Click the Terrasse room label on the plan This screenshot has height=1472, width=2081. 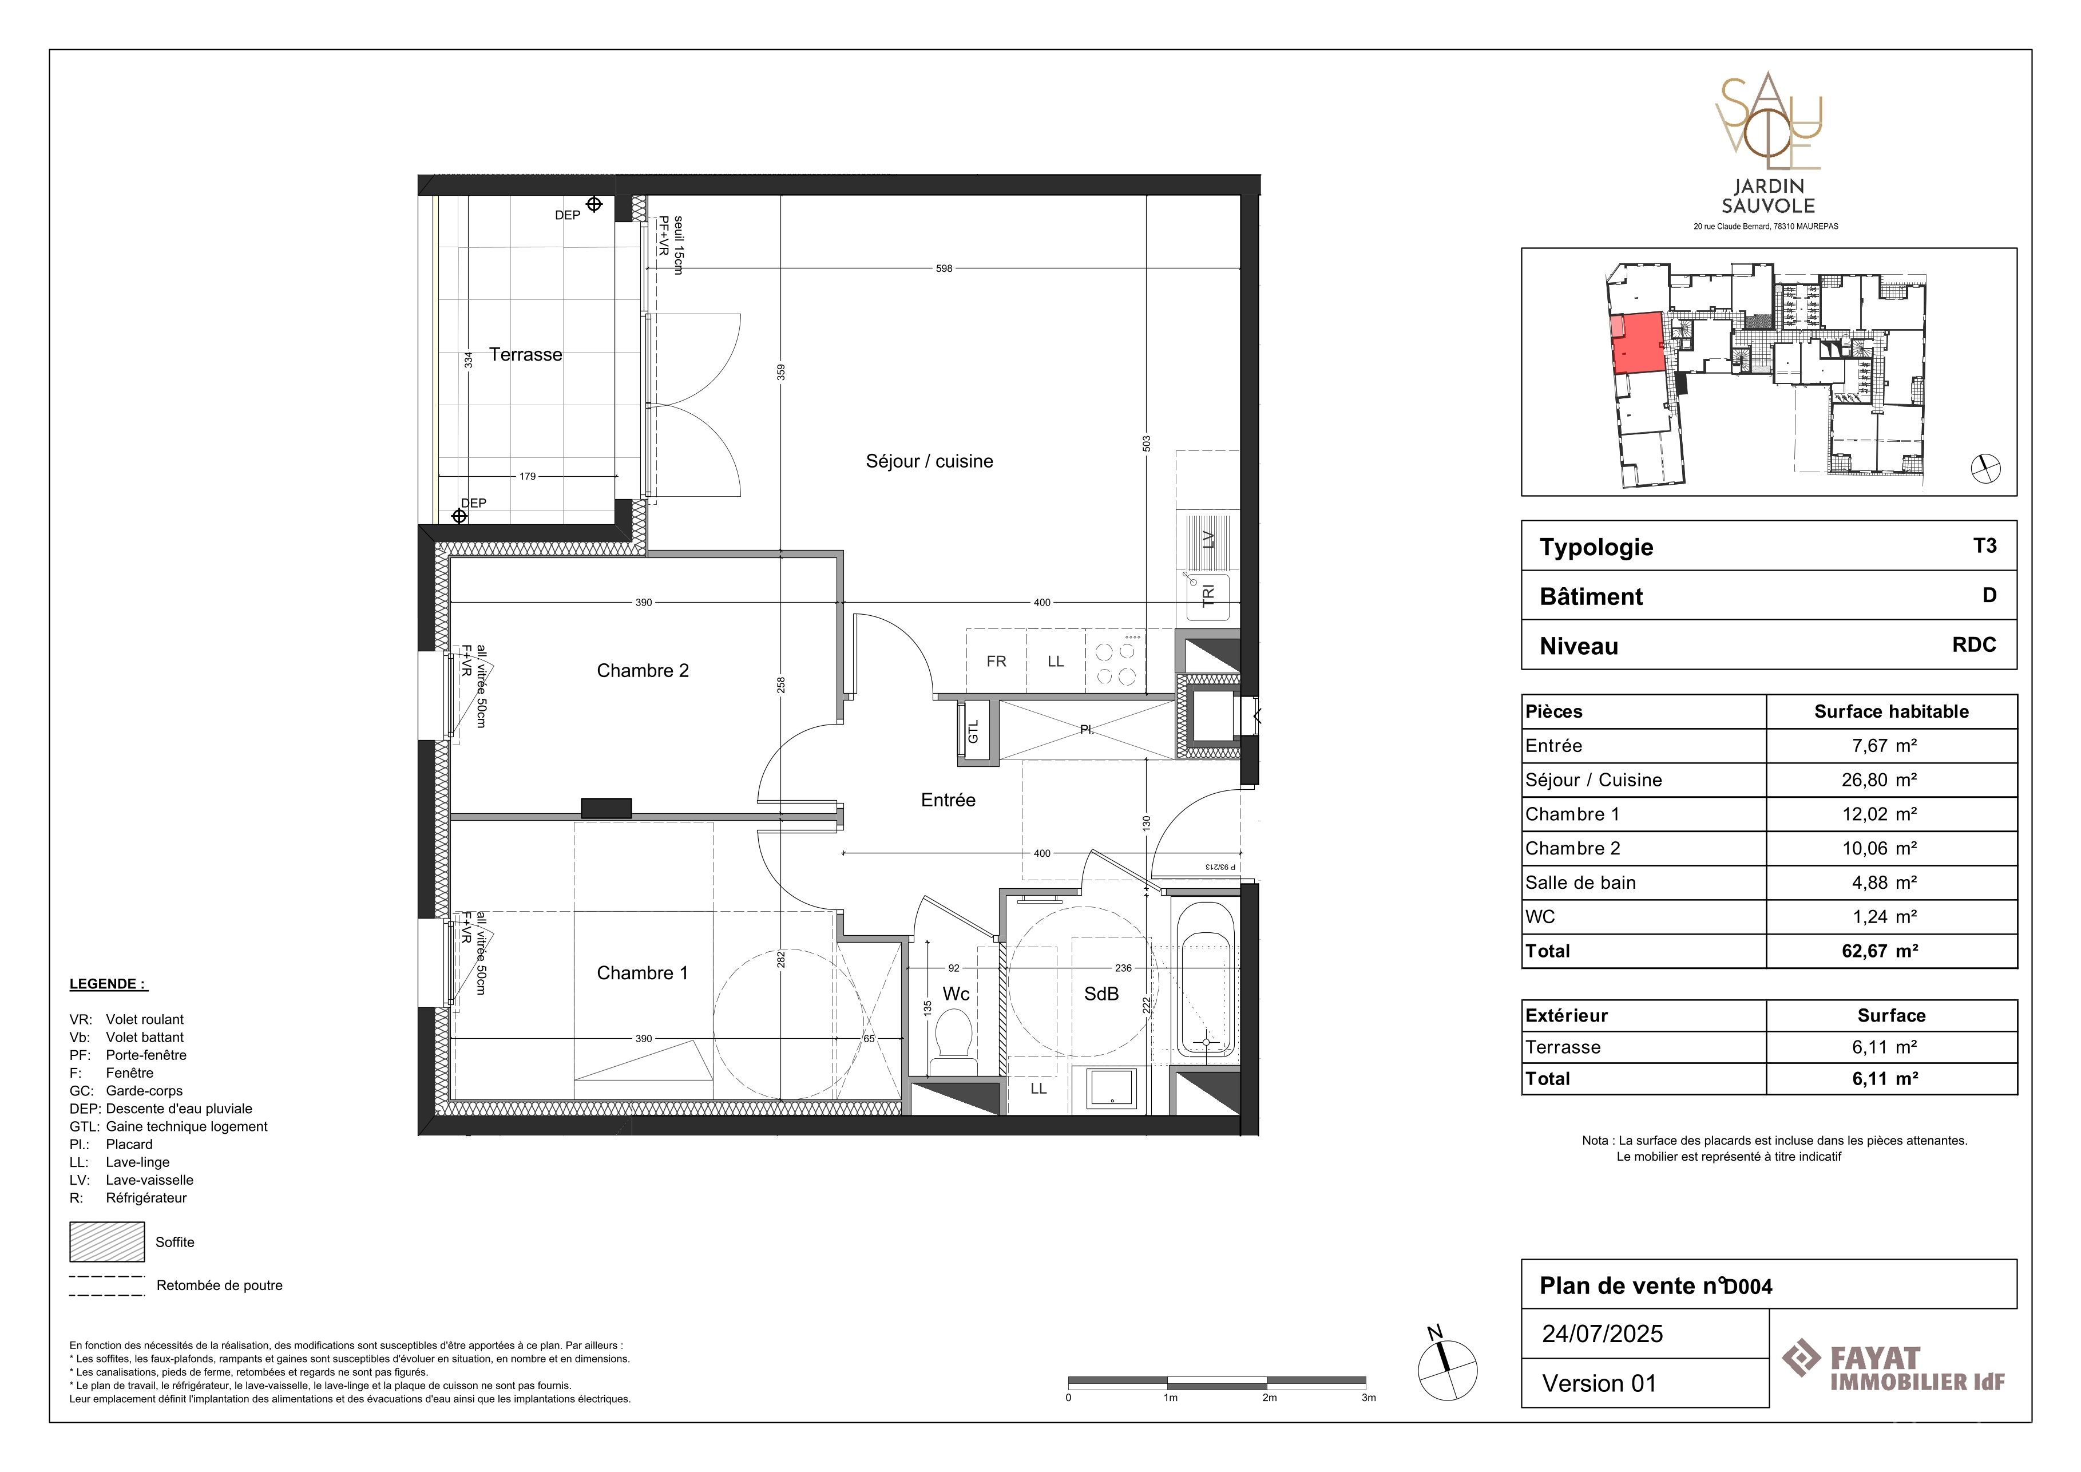pyautogui.click(x=526, y=354)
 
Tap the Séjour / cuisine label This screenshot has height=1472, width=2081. pyautogui.click(x=929, y=461)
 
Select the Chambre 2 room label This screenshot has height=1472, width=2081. pyautogui.click(x=643, y=671)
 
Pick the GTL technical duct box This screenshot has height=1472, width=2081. pyautogui.click(x=973, y=729)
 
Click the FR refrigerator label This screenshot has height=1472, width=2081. pyautogui.click(x=996, y=662)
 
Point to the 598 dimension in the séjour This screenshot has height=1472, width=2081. pyautogui.click(x=945, y=268)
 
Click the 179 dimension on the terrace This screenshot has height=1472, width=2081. pyautogui.click(x=528, y=476)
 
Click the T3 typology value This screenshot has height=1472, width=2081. pyautogui.click(x=1984, y=545)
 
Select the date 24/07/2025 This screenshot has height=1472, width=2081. pyautogui.click(x=1603, y=1333)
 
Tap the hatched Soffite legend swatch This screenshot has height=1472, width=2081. pyautogui.click(x=107, y=1242)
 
